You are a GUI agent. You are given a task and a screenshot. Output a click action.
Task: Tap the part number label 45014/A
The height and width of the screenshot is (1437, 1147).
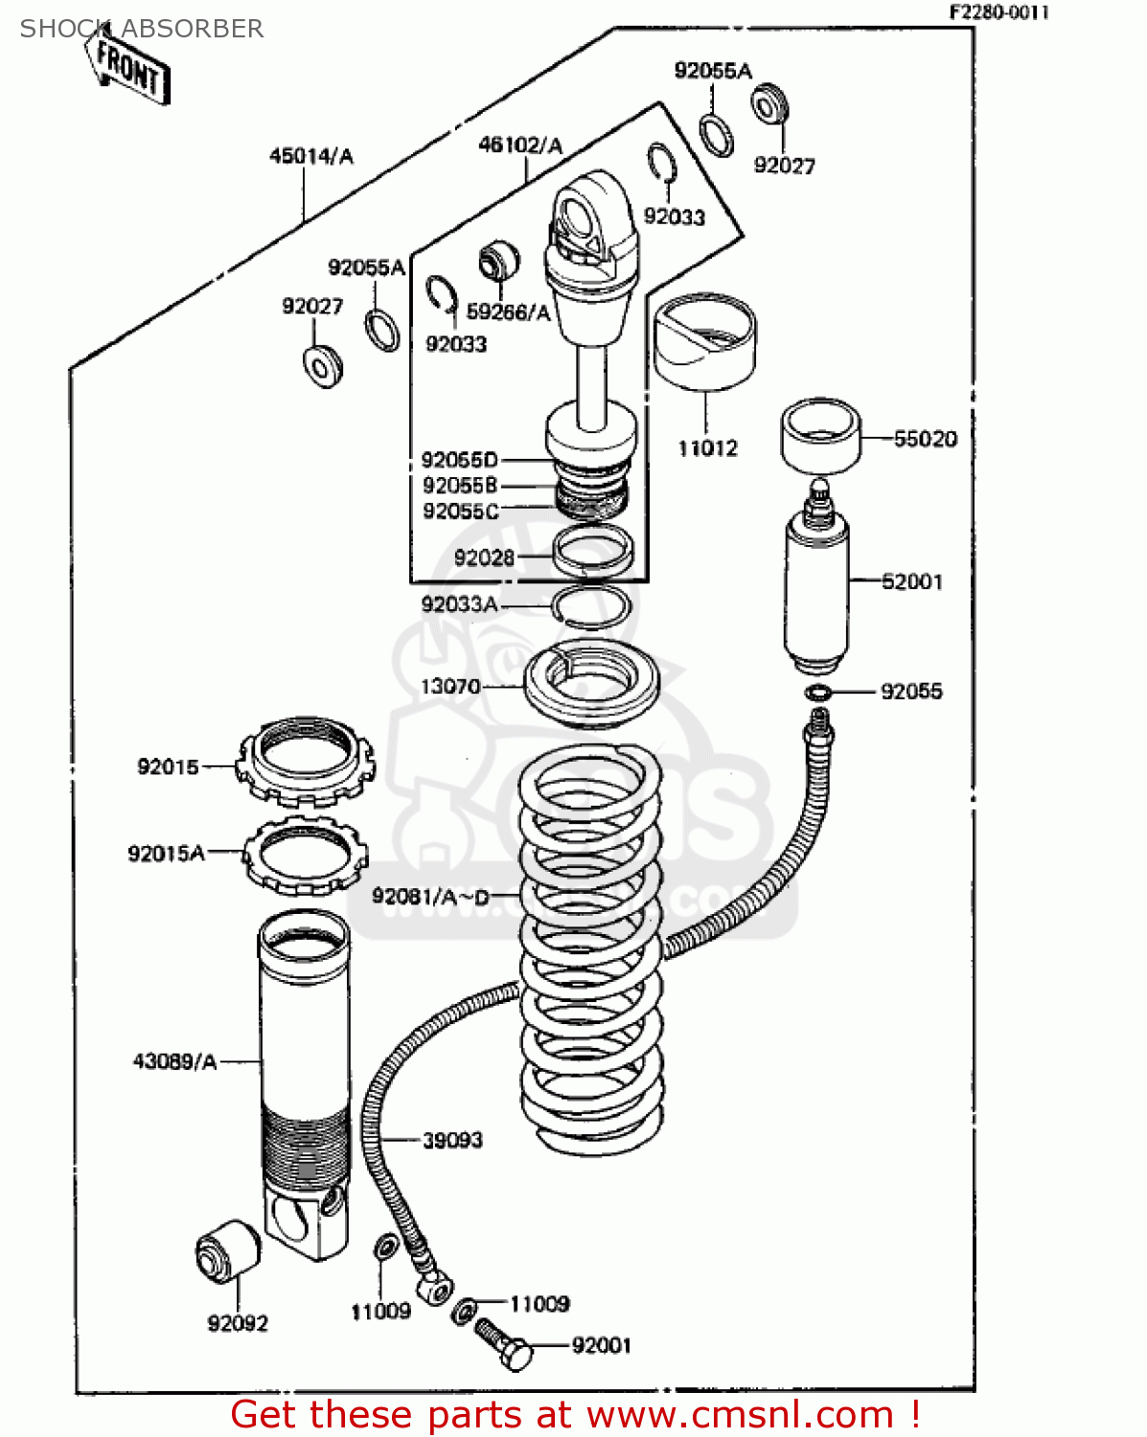coord(310,156)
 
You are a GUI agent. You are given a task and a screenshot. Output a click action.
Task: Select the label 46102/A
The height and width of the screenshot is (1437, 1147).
coord(520,146)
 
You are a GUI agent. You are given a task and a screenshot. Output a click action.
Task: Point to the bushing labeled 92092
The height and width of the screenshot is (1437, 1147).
coord(228,1251)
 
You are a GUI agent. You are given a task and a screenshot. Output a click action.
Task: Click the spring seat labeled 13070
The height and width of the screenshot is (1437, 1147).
coord(591,684)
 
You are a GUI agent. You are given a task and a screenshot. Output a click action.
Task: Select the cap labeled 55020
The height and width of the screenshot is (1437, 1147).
coord(819,437)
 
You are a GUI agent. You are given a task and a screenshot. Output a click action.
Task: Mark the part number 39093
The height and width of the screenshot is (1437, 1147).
coord(452,1140)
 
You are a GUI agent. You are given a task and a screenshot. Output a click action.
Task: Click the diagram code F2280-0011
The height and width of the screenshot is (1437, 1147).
coord(998,12)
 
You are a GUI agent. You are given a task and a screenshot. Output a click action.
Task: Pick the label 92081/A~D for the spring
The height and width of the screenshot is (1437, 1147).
coord(430,897)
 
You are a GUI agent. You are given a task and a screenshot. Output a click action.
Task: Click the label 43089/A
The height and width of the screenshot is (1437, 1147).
coord(174,1061)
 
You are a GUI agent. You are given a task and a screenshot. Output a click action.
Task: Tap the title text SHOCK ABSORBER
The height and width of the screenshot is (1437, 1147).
coord(142,29)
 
